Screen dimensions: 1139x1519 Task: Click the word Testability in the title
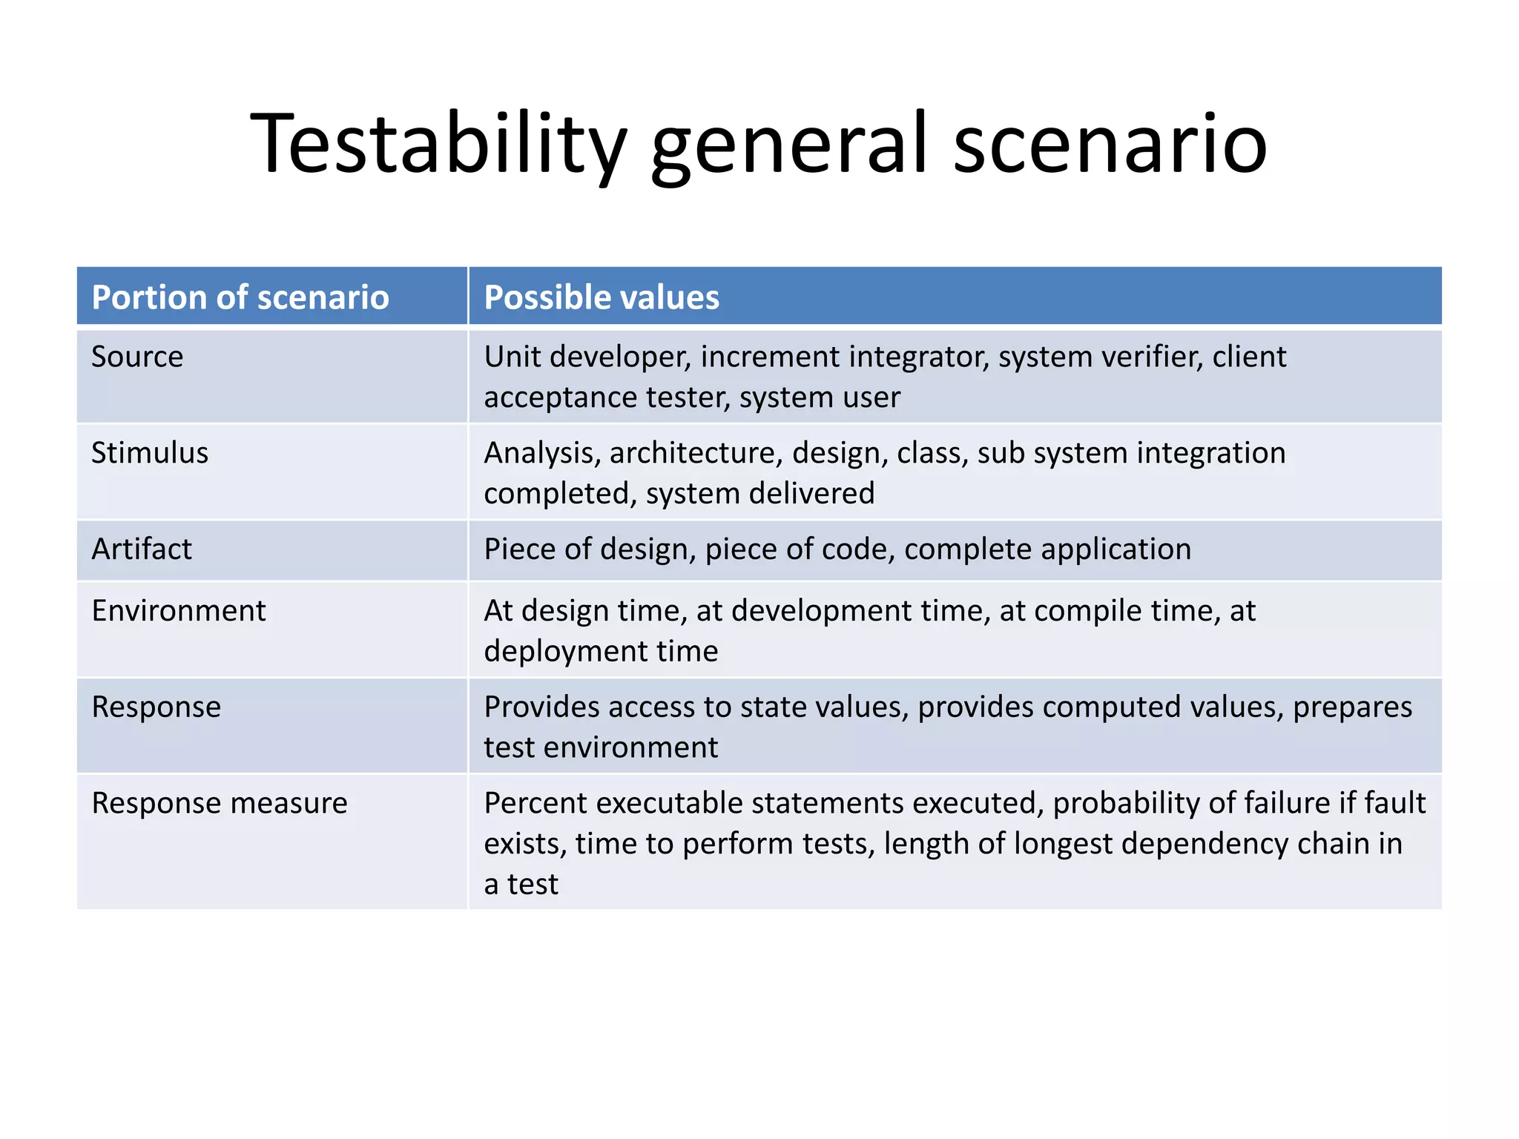click(x=438, y=145)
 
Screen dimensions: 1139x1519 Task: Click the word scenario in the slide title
click(x=1110, y=145)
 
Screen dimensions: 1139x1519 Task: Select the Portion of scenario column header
click(x=240, y=297)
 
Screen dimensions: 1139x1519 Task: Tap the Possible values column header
click(x=601, y=297)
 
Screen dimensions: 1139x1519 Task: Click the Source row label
click(x=137, y=357)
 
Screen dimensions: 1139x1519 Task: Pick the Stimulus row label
click(x=150, y=453)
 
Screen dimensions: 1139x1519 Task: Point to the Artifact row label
click(x=142, y=549)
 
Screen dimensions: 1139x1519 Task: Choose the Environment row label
click(x=179, y=611)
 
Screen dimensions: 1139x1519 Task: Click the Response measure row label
click(x=220, y=803)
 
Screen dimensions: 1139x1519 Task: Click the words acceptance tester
click(x=606, y=397)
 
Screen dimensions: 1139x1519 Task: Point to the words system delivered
click(x=760, y=493)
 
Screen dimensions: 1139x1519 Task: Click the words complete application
click(x=1047, y=549)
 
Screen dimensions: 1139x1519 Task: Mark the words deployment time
click(x=601, y=651)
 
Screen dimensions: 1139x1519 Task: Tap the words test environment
click(x=601, y=747)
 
